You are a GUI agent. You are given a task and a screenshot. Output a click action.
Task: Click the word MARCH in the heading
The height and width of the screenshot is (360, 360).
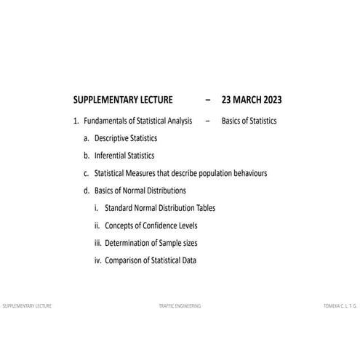pos(246,100)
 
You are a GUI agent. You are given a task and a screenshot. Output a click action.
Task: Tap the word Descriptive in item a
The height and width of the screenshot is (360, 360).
pos(114,138)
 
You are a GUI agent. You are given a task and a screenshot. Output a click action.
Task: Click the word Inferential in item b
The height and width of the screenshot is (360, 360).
pos(112,156)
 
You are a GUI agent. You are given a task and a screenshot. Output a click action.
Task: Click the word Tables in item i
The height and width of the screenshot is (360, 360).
pos(204,208)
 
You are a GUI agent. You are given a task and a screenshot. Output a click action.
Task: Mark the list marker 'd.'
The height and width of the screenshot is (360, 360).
pos(87,191)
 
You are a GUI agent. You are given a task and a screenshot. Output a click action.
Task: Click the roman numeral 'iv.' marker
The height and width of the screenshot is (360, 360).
pos(97,260)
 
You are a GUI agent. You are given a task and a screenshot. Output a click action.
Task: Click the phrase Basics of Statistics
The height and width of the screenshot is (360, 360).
pos(249,121)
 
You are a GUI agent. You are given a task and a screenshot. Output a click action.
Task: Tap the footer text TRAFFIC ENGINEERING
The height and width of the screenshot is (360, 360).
pos(180,306)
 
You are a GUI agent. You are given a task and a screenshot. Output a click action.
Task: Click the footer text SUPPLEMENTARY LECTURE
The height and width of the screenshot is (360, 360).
pos(27,306)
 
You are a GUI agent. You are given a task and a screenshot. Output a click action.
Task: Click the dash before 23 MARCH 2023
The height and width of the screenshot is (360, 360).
pos(208,100)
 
